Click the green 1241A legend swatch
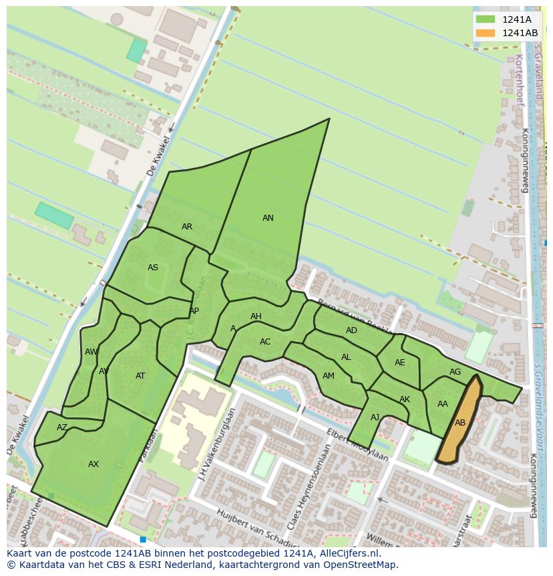click(x=486, y=19)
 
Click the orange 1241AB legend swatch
click(x=486, y=33)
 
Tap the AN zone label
click(x=268, y=218)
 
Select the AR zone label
click(x=187, y=227)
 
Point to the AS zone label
click(x=153, y=268)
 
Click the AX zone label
click(x=94, y=464)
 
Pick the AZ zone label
click(x=62, y=427)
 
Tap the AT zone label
click(x=140, y=376)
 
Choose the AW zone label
click(x=91, y=352)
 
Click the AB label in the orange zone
click(x=460, y=423)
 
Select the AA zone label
click(x=443, y=404)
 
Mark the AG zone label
click(x=455, y=372)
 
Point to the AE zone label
click(x=399, y=363)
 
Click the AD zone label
click(x=351, y=330)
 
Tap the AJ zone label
click(x=375, y=417)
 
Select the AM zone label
click(x=328, y=376)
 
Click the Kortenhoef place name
click(x=519, y=81)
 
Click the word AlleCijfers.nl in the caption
click(x=348, y=554)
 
